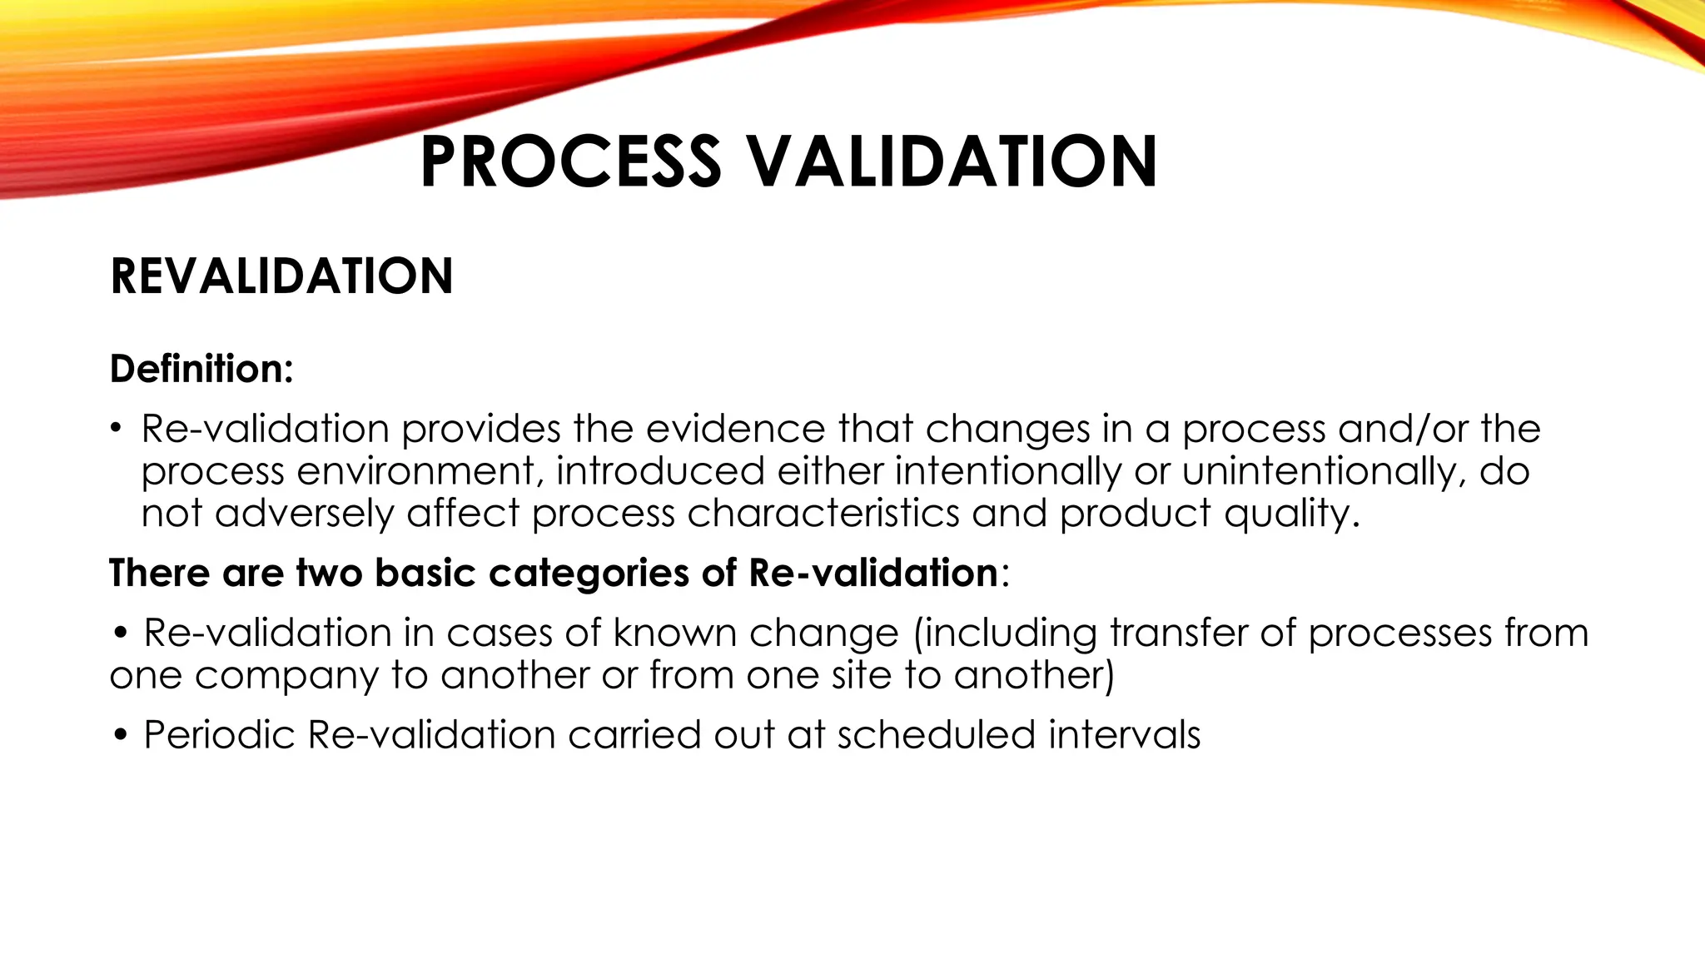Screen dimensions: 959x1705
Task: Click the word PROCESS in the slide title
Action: pos(570,161)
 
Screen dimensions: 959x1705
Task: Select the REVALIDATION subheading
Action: pos(281,276)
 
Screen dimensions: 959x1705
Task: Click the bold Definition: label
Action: pos(201,369)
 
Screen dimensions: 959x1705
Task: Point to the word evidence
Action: pos(735,430)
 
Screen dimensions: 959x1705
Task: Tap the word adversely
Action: pos(304,514)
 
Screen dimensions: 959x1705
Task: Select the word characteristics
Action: pos(823,514)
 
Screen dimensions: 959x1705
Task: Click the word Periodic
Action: pos(219,735)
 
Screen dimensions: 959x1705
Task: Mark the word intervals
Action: pos(1124,735)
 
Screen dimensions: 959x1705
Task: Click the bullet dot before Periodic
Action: pos(122,736)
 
